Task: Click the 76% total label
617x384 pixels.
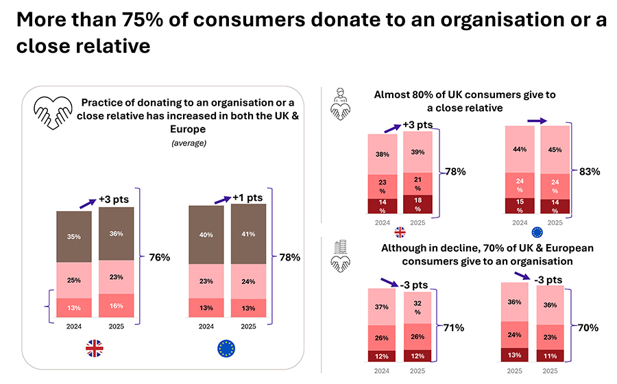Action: tap(160, 258)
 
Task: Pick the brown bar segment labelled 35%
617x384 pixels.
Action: tap(73, 237)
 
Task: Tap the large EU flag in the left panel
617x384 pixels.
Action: tap(226, 350)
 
